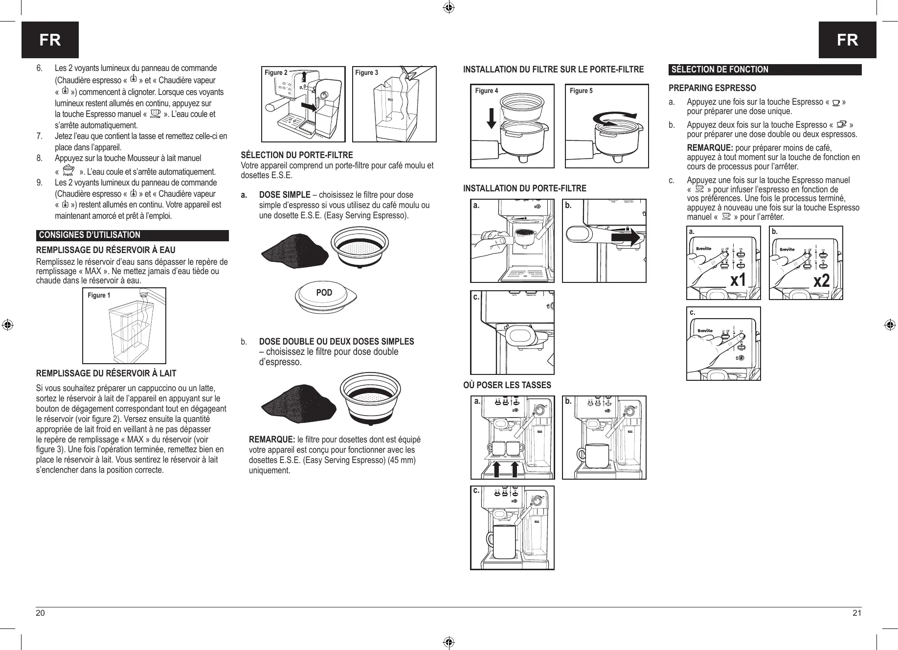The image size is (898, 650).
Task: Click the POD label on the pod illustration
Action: pyautogui.click(x=324, y=293)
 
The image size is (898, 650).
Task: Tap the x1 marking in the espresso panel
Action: pyautogui.click(x=738, y=281)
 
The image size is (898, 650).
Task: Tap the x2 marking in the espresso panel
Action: pyautogui.click(x=822, y=281)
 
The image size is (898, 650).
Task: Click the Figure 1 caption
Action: pyautogui.click(x=99, y=295)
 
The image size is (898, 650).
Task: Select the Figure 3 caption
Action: pyautogui.click(x=366, y=72)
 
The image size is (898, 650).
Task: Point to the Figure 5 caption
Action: pyautogui.click(x=581, y=91)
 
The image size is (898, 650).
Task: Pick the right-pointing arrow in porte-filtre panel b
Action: pyautogui.click(x=626, y=238)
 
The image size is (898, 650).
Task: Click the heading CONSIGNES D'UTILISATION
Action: pyautogui.click(x=90, y=235)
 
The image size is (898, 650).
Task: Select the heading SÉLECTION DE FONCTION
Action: pyautogui.click(x=720, y=70)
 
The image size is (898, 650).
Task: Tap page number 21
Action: pyautogui.click(x=857, y=613)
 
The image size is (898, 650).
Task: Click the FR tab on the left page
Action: pyautogui.click(x=50, y=40)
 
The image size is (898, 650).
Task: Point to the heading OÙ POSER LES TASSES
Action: pyautogui.click(x=507, y=385)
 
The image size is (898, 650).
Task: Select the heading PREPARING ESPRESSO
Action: pyautogui.click(x=712, y=88)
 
